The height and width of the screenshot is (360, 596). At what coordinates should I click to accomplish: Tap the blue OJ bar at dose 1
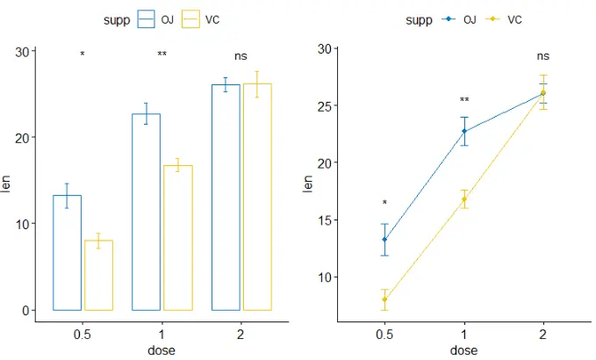coord(146,212)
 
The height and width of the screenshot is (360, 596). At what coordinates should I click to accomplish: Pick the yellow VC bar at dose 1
coord(177,237)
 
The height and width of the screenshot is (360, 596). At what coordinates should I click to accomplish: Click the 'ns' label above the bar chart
coord(241,56)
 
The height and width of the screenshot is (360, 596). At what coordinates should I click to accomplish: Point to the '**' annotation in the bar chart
coord(162,55)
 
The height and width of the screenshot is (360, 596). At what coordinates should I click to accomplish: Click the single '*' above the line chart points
coord(384,204)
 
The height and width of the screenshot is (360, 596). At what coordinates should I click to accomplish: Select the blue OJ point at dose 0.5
coord(384,240)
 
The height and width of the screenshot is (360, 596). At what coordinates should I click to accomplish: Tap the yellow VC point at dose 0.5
coord(384,299)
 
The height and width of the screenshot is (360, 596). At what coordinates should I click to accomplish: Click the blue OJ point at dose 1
coord(463,132)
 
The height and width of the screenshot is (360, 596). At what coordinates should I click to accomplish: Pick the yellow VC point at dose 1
coord(463,199)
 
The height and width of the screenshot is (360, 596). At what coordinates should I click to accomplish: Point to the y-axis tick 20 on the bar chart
coord(21,137)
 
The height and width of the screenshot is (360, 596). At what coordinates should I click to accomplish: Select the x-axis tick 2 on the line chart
coord(543,335)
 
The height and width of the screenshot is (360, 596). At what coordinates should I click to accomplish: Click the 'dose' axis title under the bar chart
coord(162,350)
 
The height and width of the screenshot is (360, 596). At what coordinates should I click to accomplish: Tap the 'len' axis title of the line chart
coord(308,185)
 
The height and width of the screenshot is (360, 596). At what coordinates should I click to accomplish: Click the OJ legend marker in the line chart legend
coord(450,19)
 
